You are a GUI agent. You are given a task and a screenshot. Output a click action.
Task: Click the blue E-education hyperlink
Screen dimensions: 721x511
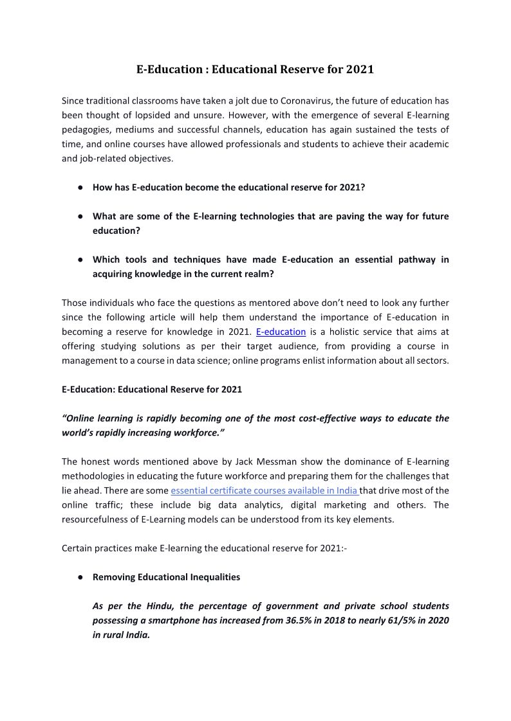(281, 332)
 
